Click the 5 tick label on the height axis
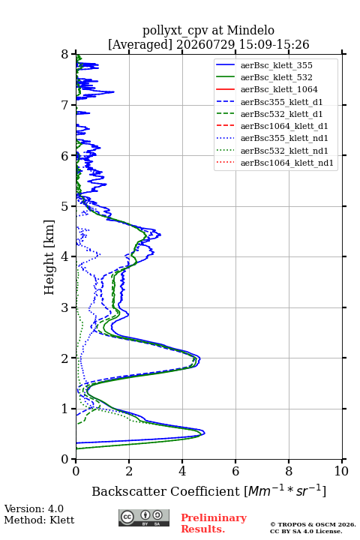coord(65,206)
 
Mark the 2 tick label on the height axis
coord(65,358)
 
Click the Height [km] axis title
coord(49,257)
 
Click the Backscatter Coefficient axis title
coord(208,491)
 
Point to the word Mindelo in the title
coord(250,30)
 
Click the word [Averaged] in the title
coord(139,44)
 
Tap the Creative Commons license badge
coord(144,517)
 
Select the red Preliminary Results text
coord(214,523)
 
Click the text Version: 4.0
coord(34,508)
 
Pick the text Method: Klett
coord(39,520)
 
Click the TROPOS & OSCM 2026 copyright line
coord(313,524)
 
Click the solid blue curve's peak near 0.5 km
coord(204,433)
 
